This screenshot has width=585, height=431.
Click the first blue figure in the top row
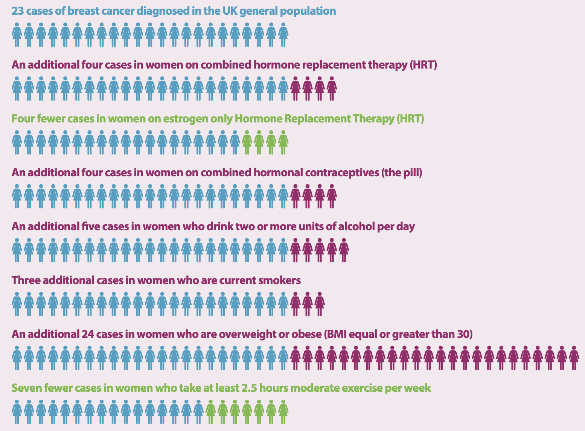pyautogui.click(x=17, y=35)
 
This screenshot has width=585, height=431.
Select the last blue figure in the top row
pyautogui.click(x=283, y=35)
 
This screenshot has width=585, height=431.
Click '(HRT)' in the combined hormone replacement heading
pyautogui.click(x=423, y=65)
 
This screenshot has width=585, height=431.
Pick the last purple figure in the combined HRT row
pyautogui.click(x=332, y=89)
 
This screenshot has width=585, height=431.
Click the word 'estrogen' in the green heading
pyautogui.click(x=181, y=119)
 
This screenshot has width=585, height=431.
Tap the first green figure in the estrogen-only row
pyautogui.click(x=247, y=142)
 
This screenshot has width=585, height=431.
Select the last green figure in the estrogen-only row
pyautogui.click(x=283, y=142)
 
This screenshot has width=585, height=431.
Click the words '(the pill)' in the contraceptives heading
pyautogui.click(x=402, y=173)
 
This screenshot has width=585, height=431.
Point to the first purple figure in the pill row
pyautogui.click(x=296, y=196)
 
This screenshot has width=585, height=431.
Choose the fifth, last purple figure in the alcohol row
pyautogui.click(x=344, y=250)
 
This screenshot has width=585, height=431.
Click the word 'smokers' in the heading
pyautogui.click(x=282, y=280)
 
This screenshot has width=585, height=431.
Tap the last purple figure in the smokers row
pyautogui.click(x=320, y=304)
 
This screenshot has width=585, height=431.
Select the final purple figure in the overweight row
pyautogui.click(x=574, y=358)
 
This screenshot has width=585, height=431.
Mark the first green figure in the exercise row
pyautogui.click(x=211, y=412)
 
